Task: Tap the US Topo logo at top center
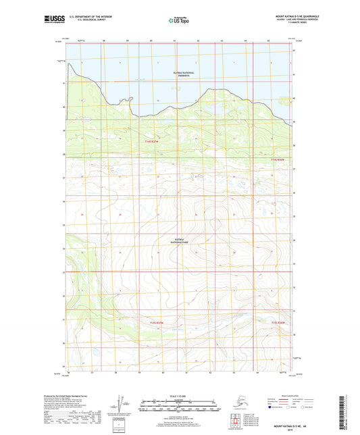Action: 179,21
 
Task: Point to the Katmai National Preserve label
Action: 179,74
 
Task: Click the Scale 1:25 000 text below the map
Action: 179,395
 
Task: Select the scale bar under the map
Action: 179,407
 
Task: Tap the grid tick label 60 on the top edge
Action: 153,41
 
